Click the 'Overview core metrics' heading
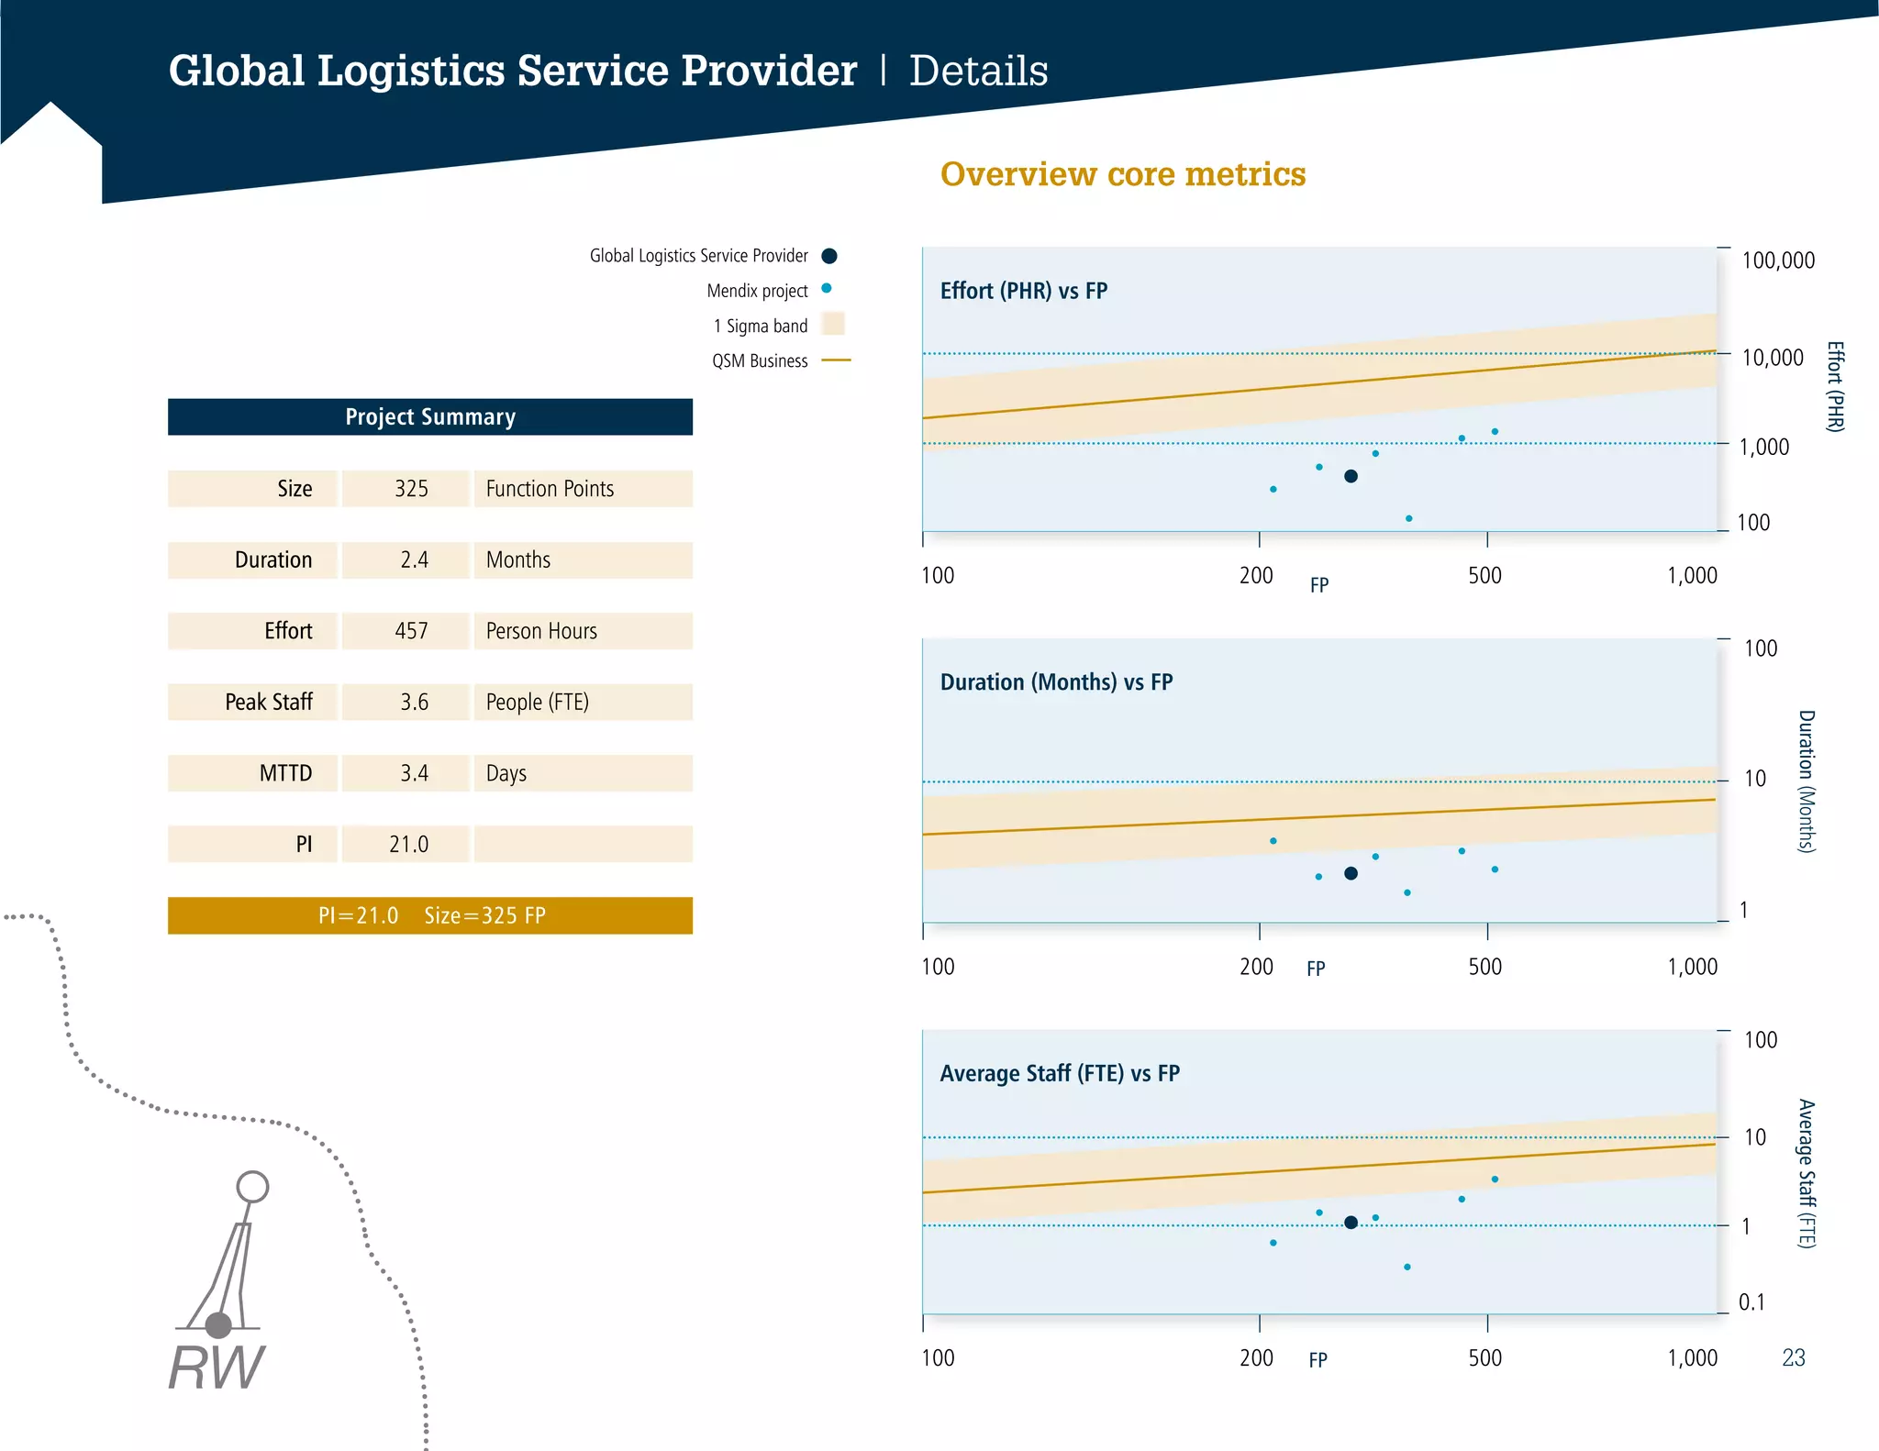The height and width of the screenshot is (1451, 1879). [1122, 174]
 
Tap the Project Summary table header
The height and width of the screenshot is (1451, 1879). [429, 417]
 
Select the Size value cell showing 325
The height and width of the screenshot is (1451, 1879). [410, 489]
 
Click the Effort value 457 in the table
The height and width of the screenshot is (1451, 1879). [410, 631]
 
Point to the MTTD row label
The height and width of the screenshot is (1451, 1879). [285, 773]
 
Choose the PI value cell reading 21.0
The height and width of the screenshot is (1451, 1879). [408, 844]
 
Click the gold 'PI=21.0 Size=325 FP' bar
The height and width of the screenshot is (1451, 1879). [429, 915]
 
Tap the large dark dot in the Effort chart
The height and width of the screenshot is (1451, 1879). [1351, 476]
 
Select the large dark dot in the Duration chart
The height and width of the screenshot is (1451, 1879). [1351, 873]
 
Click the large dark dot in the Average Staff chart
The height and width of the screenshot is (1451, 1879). [1351, 1223]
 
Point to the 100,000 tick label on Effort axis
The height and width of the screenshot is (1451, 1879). [1777, 260]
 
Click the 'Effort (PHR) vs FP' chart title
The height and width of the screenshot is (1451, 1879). [1023, 291]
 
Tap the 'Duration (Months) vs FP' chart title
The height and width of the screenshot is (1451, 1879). [1056, 682]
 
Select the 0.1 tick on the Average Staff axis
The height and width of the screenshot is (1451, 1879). [1751, 1302]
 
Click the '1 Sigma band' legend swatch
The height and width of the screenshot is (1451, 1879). [833, 324]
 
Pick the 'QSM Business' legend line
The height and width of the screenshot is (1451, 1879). [836, 360]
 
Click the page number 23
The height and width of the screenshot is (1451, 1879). [1793, 1357]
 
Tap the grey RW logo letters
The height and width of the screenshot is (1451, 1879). [217, 1368]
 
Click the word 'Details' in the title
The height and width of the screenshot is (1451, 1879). [978, 72]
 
